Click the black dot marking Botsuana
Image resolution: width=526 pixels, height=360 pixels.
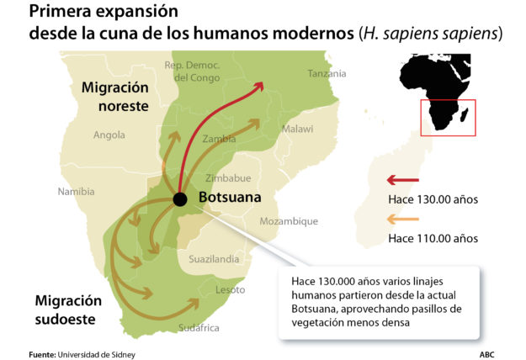pyautogui.click(x=179, y=199)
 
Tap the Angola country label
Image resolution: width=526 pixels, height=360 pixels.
pyautogui.click(x=109, y=135)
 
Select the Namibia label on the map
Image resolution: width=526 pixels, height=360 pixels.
pyautogui.click(x=76, y=192)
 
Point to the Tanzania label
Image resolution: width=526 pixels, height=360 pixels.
pyautogui.click(x=327, y=74)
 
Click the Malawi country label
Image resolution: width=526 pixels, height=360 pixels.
pyautogui.click(x=297, y=129)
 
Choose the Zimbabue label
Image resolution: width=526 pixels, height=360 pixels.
pyautogui.click(x=228, y=178)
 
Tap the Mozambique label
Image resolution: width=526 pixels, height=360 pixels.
pyautogui.click(x=289, y=221)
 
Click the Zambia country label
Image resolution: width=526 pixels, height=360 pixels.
pyautogui.click(x=219, y=139)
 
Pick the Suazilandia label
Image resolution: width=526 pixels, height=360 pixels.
pyautogui.click(x=214, y=259)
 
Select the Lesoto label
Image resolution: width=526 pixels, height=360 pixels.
pyautogui.click(x=231, y=289)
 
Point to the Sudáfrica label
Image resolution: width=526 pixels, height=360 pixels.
pyautogui.click(x=199, y=327)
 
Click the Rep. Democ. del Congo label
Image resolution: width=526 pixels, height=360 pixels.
pyautogui.click(x=193, y=71)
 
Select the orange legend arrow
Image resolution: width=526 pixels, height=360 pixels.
pyautogui.click(x=401, y=220)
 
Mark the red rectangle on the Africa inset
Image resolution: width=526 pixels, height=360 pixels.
pyautogui.click(x=449, y=118)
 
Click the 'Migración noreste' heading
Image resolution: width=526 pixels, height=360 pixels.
pyautogui.click(x=114, y=97)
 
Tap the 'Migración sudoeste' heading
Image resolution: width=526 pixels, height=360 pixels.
pyautogui.click(x=69, y=309)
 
